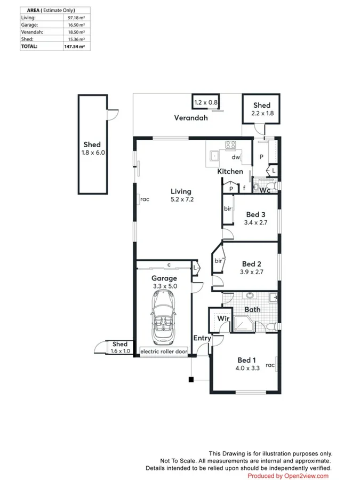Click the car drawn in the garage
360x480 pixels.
click(163, 317)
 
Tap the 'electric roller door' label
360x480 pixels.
click(164, 351)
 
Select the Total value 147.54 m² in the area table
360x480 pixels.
click(74, 46)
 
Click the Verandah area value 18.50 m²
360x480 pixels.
click(76, 32)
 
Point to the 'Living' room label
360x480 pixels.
click(181, 191)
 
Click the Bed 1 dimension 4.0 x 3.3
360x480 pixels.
click(247, 368)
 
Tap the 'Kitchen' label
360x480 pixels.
click(230, 171)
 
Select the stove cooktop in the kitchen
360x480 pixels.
click(230, 145)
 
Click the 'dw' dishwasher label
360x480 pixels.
click(236, 157)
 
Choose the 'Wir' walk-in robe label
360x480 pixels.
click(223, 318)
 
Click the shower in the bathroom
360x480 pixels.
click(244, 324)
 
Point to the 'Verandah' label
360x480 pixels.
click(191, 118)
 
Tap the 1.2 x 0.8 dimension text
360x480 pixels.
click(206, 102)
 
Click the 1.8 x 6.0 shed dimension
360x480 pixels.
click(93, 153)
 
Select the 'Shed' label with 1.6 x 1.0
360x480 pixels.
click(119, 344)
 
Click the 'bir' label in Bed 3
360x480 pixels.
click(227, 209)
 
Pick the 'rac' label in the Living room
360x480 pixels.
click(145, 199)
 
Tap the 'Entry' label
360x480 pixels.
click(202, 338)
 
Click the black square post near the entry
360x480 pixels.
click(191, 380)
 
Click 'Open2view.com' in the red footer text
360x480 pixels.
click(306, 476)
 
